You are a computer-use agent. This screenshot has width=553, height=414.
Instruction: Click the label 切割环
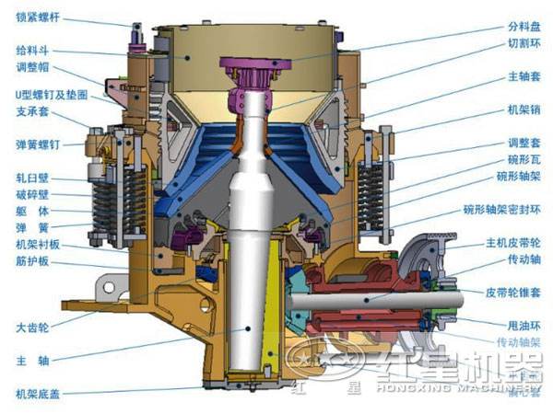click(x=520, y=42)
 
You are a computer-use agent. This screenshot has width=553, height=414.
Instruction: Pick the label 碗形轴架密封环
click(x=501, y=210)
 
